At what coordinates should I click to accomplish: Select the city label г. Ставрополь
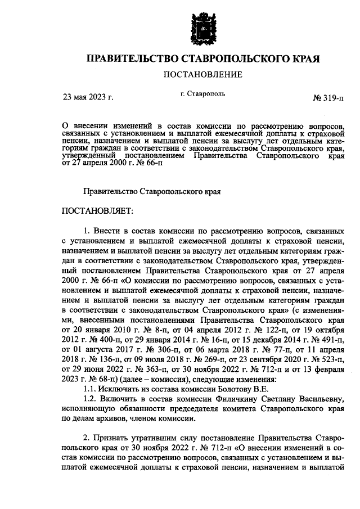click(x=203, y=94)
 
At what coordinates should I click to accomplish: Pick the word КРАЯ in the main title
click(x=305, y=58)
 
